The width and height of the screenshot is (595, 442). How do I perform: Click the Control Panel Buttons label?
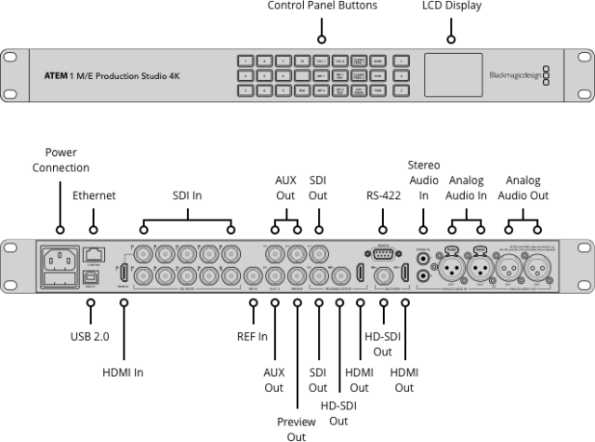pos(323,7)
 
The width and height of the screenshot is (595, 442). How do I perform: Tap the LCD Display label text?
pos(452,7)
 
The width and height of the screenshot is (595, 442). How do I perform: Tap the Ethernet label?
pos(94,195)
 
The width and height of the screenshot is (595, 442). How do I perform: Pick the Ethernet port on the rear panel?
pos(93,254)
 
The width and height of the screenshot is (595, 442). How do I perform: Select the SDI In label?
pos(187,195)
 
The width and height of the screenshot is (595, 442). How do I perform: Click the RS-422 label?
pos(381,195)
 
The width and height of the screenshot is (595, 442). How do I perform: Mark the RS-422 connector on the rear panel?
pos(381,253)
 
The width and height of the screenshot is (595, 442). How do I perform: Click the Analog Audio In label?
pos(468,188)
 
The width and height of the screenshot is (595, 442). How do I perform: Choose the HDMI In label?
pos(124,373)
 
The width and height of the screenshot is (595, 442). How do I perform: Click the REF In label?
pos(253,336)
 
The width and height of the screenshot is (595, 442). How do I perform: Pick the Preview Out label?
pos(297,428)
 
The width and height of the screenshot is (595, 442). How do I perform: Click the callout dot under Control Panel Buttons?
pos(323,39)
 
